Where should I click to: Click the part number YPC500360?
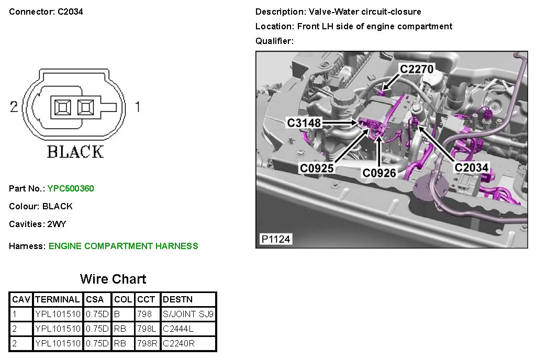point(71,188)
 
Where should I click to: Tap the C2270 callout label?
point(417,69)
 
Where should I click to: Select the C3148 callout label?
point(304,122)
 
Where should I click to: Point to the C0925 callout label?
point(317,168)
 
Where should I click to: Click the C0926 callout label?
point(379,173)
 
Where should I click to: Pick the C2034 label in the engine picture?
point(472,167)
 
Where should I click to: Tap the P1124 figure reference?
point(275,239)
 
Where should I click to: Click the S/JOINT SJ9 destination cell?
point(188,314)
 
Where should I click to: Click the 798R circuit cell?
point(147,343)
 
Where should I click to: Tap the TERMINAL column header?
point(57,299)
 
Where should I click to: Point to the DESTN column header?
point(178,299)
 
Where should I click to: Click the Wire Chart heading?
point(113,279)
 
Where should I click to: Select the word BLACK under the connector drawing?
point(75,152)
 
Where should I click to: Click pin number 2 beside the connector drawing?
point(14,107)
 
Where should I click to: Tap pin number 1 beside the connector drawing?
point(138,107)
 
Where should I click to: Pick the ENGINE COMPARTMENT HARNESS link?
point(124,246)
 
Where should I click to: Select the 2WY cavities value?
point(57,224)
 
